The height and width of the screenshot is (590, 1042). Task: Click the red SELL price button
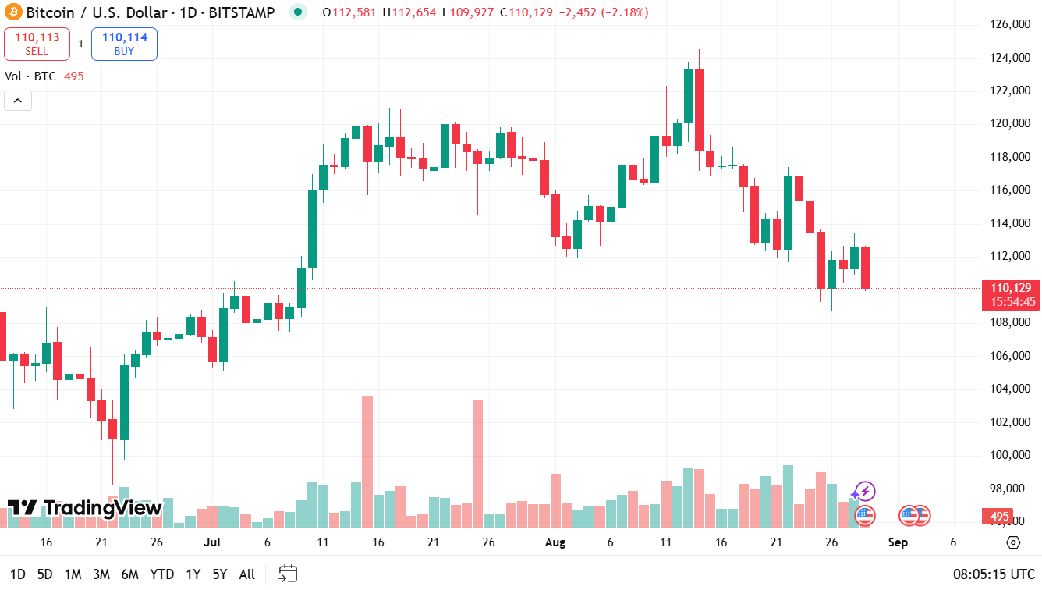(37, 44)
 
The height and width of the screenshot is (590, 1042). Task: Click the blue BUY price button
(124, 44)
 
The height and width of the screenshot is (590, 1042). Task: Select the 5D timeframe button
(45, 574)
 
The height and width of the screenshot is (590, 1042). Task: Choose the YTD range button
(161, 574)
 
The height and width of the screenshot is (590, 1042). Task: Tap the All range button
(246, 574)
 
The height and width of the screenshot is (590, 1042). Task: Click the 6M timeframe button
(129, 574)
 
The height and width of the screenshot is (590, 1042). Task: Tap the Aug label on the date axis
(555, 542)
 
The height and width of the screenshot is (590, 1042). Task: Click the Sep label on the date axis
(898, 542)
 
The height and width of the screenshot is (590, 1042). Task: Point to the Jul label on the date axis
(212, 542)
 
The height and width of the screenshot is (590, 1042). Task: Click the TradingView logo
(85, 508)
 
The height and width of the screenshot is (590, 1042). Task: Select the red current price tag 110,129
(1011, 294)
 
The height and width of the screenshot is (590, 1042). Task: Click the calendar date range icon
(288, 574)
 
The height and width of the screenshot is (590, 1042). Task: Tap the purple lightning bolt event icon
(863, 492)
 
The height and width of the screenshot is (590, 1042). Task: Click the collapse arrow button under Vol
(18, 100)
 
